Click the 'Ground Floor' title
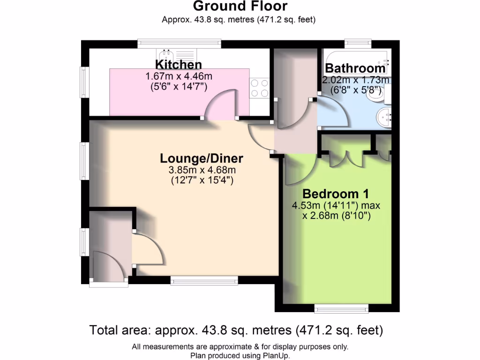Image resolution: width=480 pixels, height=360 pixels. (240, 7)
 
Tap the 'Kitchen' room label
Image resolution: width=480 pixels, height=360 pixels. (179, 65)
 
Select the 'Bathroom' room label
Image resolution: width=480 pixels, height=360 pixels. (355, 68)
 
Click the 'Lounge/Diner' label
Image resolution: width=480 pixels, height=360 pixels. (202, 158)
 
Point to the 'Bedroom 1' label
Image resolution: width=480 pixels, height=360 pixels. (336, 194)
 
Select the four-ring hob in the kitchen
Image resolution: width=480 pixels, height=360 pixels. (259, 88)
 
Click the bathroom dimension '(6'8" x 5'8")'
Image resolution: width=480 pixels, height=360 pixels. (355, 90)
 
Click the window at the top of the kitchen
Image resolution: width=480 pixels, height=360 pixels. (179, 44)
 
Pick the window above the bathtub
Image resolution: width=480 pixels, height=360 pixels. (358, 44)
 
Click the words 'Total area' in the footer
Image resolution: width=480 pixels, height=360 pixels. (117, 330)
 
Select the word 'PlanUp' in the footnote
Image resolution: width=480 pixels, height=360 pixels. (277, 356)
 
